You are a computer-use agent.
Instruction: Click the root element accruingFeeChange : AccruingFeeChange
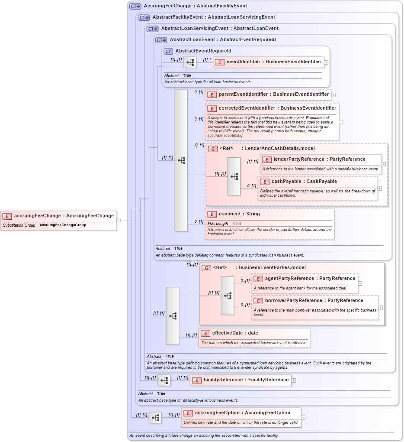pos(64,216)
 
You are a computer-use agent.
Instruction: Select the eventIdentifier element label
pos(274,62)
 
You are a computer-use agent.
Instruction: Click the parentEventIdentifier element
pos(273,94)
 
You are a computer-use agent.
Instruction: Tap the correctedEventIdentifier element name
pos(277,108)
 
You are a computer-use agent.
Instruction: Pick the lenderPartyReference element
pos(319,159)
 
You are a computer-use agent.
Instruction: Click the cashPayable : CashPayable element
pos(304,182)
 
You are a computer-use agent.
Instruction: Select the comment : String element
pos(239,214)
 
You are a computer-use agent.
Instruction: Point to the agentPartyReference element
pos(310,279)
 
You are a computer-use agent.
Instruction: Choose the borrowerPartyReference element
pos(314,301)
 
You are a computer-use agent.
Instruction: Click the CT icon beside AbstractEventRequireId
pos(168,51)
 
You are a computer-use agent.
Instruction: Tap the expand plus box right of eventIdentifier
pos(326,62)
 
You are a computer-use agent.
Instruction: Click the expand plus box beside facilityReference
pos(294,380)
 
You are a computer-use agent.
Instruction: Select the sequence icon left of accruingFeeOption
pos(155,418)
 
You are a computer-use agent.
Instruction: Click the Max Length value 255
pos(237,224)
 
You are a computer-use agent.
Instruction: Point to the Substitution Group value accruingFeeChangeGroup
pos(63,225)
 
